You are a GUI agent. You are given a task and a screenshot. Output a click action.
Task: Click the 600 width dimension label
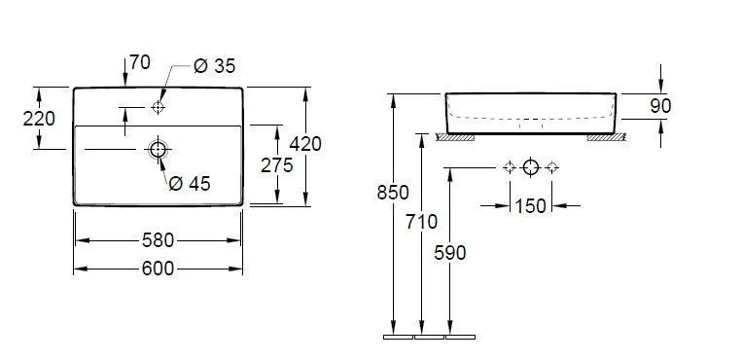159,270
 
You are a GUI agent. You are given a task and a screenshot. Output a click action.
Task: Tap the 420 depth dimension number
305,144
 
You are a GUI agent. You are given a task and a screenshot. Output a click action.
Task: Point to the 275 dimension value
277,165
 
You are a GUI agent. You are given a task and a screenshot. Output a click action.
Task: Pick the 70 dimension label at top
139,63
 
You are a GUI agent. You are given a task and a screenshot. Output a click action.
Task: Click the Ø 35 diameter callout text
215,66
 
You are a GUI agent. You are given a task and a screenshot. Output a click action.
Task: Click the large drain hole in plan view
158,149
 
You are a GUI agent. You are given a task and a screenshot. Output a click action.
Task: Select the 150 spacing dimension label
531,205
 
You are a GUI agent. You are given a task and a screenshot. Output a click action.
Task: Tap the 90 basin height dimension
661,106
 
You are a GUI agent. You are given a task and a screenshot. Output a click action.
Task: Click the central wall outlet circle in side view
530,167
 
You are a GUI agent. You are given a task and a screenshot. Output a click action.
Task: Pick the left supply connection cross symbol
509,167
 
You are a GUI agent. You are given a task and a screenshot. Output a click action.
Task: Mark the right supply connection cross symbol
551,167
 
